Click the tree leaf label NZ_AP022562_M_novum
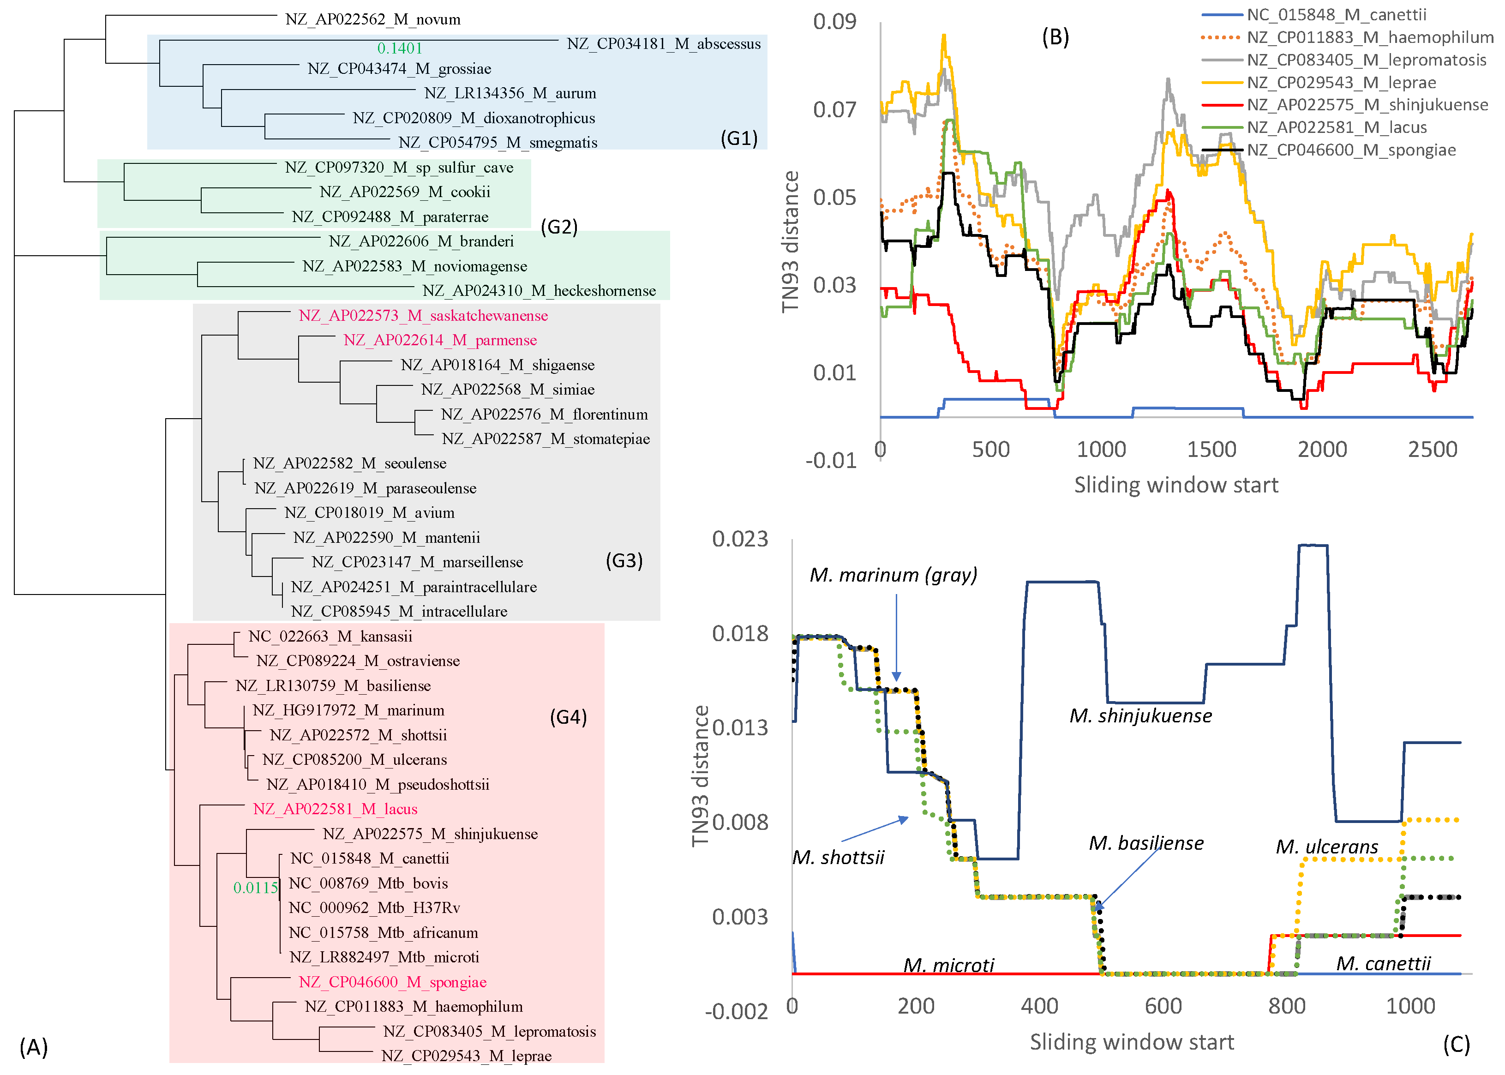point(372,19)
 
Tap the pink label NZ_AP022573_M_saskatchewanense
point(423,316)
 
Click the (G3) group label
point(624,561)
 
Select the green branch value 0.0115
point(256,888)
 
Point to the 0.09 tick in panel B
point(834,21)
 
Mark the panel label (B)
point(1055,37)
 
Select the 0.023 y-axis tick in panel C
point(739,539)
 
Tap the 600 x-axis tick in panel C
point(1163,1006)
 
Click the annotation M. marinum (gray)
point(893,575)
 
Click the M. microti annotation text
point(948,965)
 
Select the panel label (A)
point(33,1047)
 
